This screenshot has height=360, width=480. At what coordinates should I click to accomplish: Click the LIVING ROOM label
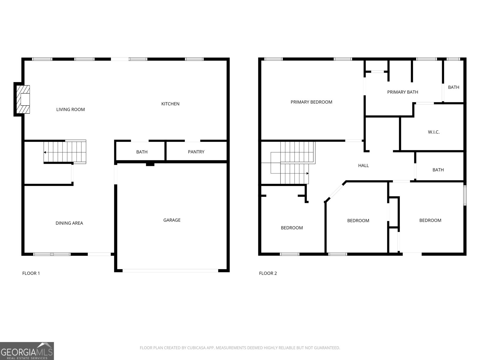(70, 109)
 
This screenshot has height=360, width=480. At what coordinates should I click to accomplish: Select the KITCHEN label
(170, 104)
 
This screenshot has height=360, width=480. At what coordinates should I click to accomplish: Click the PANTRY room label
(196, 152)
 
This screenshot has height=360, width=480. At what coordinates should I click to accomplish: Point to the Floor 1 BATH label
(142, 152)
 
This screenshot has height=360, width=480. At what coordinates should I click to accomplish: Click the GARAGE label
(172, 220)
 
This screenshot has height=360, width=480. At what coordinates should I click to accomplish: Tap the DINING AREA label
(69, 223)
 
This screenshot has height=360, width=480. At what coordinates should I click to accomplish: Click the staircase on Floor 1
(65, 152)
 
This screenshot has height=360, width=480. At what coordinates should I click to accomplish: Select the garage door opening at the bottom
(170, 271)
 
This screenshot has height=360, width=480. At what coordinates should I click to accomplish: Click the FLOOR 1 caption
(31, 273)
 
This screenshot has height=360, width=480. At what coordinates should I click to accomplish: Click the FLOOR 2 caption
(268, 273)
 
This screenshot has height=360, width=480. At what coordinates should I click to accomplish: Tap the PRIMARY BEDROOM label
(311, 102)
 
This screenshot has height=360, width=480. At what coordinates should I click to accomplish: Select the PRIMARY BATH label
(403, 92)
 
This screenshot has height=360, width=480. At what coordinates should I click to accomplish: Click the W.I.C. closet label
(434, 132)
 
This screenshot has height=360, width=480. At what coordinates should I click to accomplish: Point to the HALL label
(363, 166)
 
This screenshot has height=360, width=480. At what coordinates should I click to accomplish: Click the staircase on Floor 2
(295, 163)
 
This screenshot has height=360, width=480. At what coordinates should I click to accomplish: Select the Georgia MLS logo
(27, 351)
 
